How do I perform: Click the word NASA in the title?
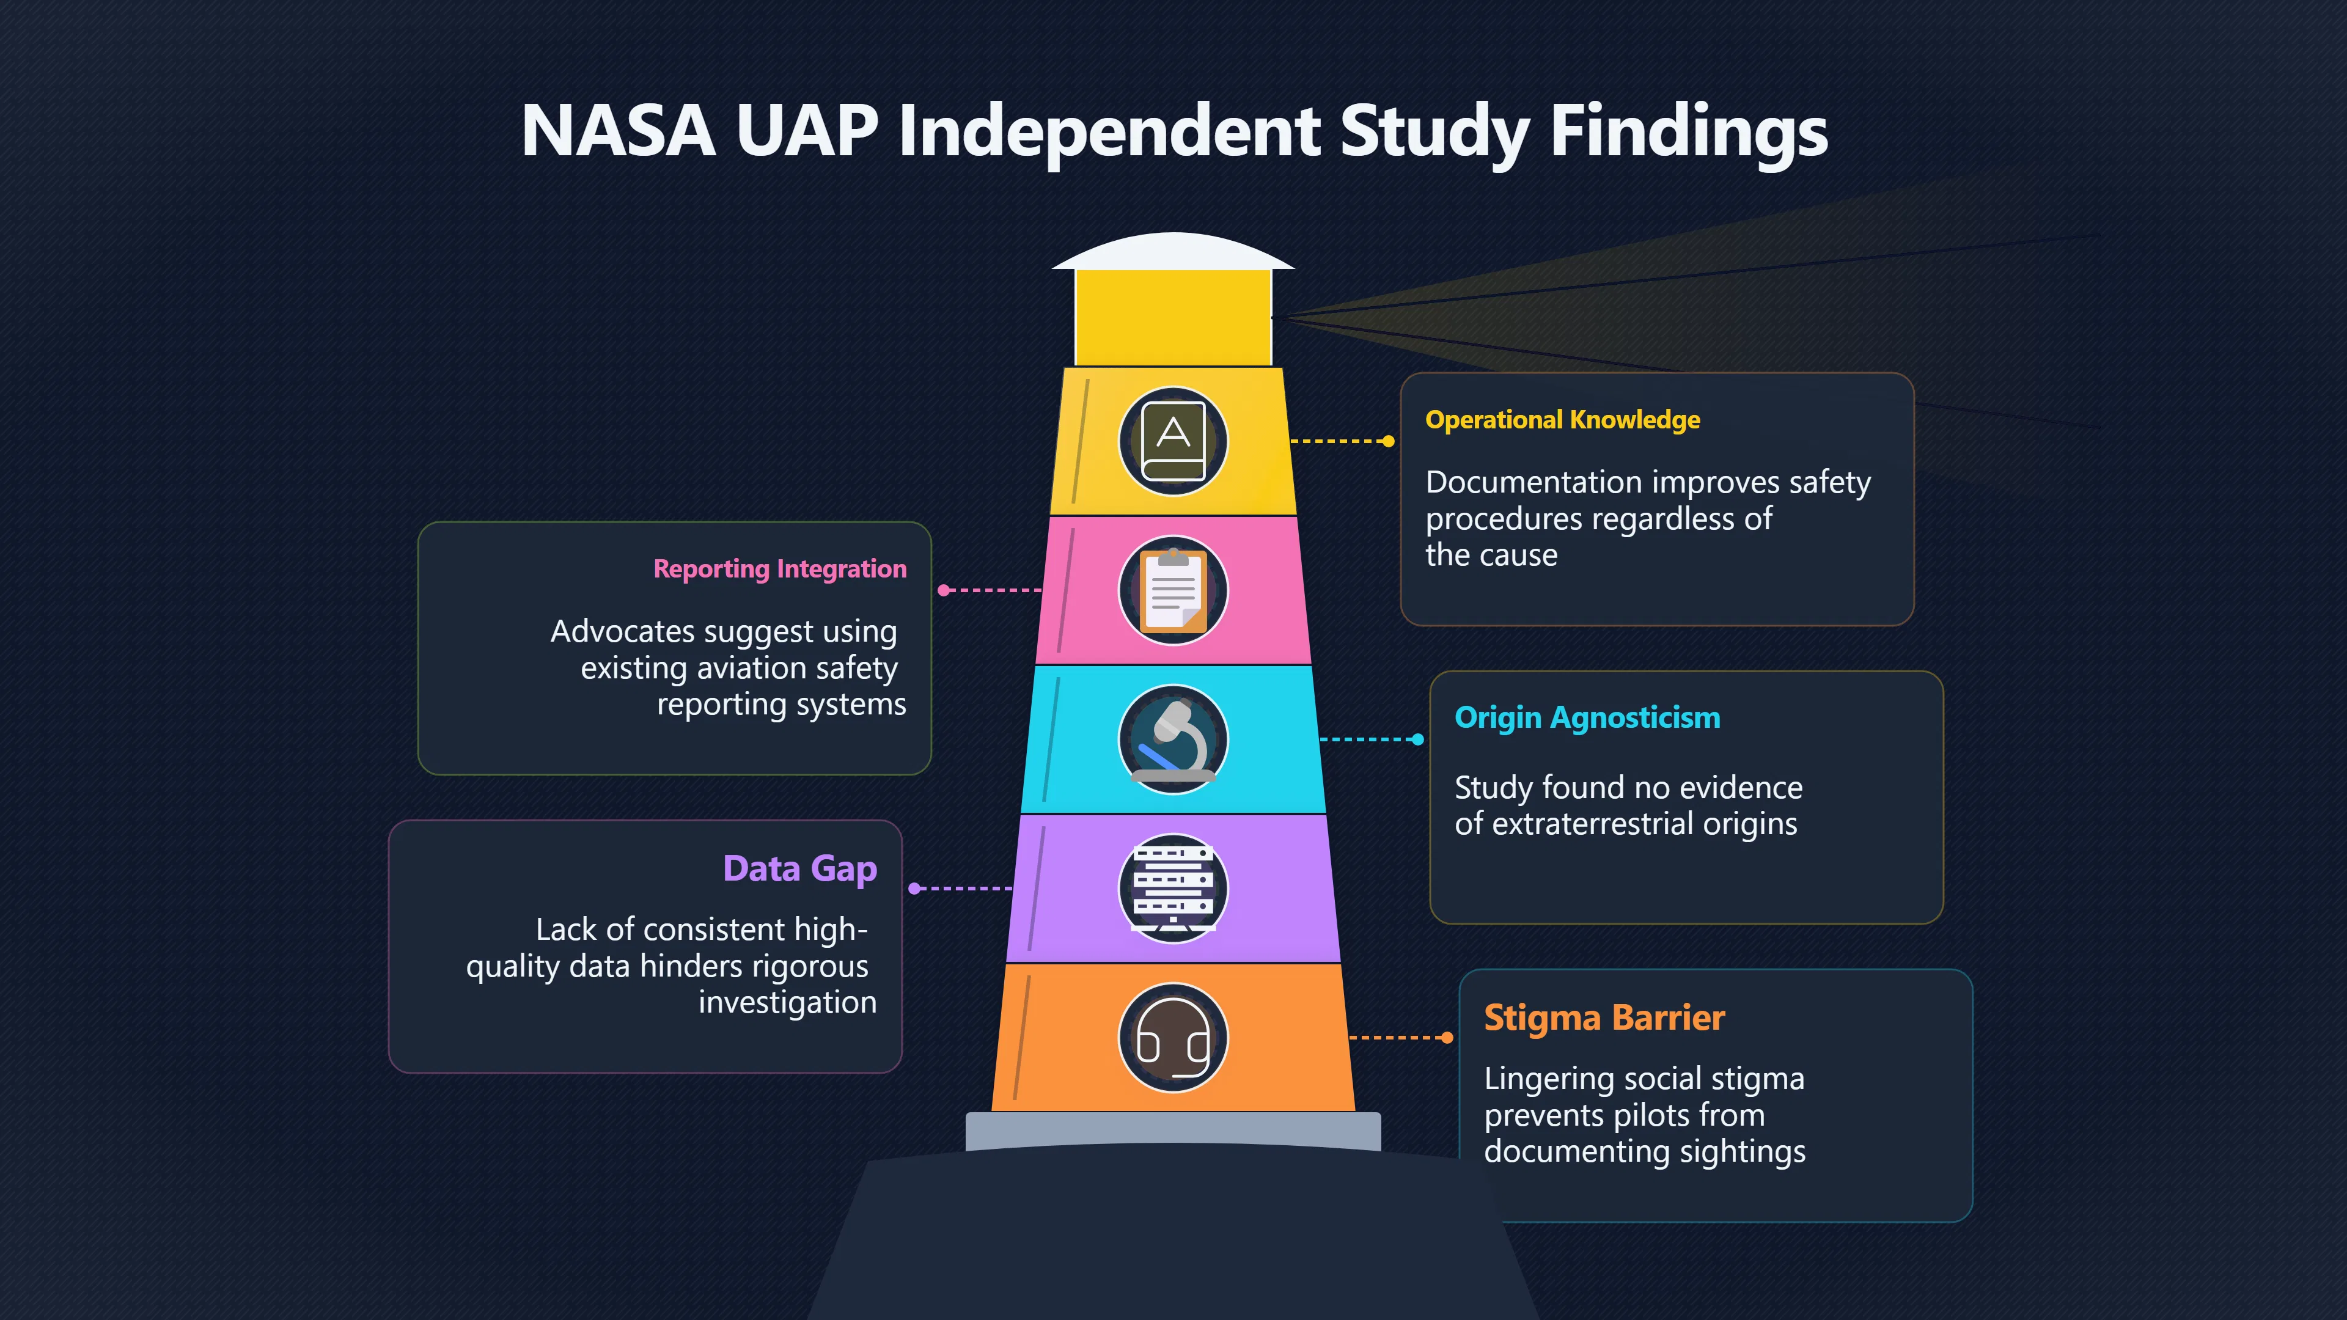618,130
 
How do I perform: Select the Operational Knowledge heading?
1563,420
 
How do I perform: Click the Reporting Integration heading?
780,570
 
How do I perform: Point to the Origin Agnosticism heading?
1587,718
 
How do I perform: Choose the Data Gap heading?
800,869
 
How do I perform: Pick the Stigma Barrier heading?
1604,1018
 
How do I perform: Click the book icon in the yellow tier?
1173,442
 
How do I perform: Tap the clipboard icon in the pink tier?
1173,590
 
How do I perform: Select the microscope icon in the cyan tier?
1173,739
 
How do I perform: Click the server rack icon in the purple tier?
1173,888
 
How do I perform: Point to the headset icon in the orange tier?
1173,1038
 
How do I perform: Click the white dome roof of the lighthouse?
1173,251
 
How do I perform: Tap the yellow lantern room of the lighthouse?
1173,318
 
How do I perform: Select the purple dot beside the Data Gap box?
915,888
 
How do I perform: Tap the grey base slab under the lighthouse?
1173,1129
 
